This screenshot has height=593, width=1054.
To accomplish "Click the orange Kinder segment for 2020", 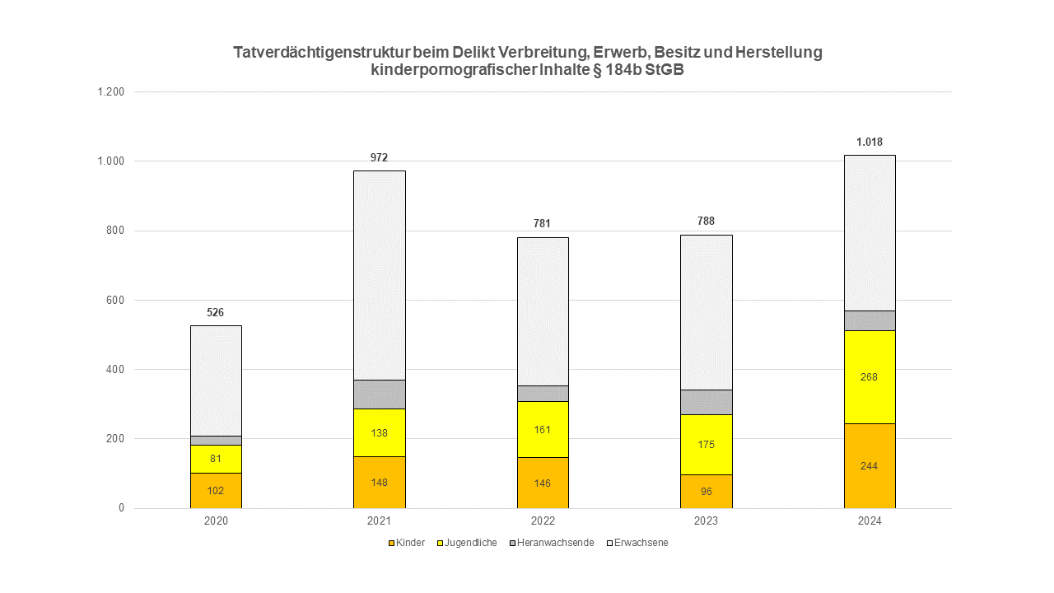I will click(216, 490).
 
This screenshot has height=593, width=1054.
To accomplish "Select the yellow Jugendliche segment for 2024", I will click(869, 376).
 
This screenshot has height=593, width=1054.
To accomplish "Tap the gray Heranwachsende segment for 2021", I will click(379, 394).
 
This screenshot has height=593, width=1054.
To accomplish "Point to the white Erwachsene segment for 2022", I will click(543, 311).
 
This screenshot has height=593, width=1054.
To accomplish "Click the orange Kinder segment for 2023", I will click(706, 492).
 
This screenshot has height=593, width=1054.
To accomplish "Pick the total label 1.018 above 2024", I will click(869, 142).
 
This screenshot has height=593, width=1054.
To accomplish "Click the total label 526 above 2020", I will click(216, 312).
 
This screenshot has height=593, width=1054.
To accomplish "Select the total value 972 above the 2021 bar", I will click(379, 157).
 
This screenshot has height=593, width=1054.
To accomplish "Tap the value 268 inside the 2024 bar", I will click(869, 377).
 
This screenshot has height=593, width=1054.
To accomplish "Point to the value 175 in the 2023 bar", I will click(706, 445).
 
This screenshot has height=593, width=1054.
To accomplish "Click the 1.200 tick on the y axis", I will click(110, 91).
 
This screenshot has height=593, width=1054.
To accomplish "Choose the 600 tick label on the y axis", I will click(114, 300).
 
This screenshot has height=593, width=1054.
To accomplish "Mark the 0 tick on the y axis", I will click(121, 508).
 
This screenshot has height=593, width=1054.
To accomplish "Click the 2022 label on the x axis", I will click(543, 521).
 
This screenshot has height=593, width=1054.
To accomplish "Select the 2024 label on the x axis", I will click(869, 521).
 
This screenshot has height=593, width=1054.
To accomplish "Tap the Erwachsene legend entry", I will click(641, 543).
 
